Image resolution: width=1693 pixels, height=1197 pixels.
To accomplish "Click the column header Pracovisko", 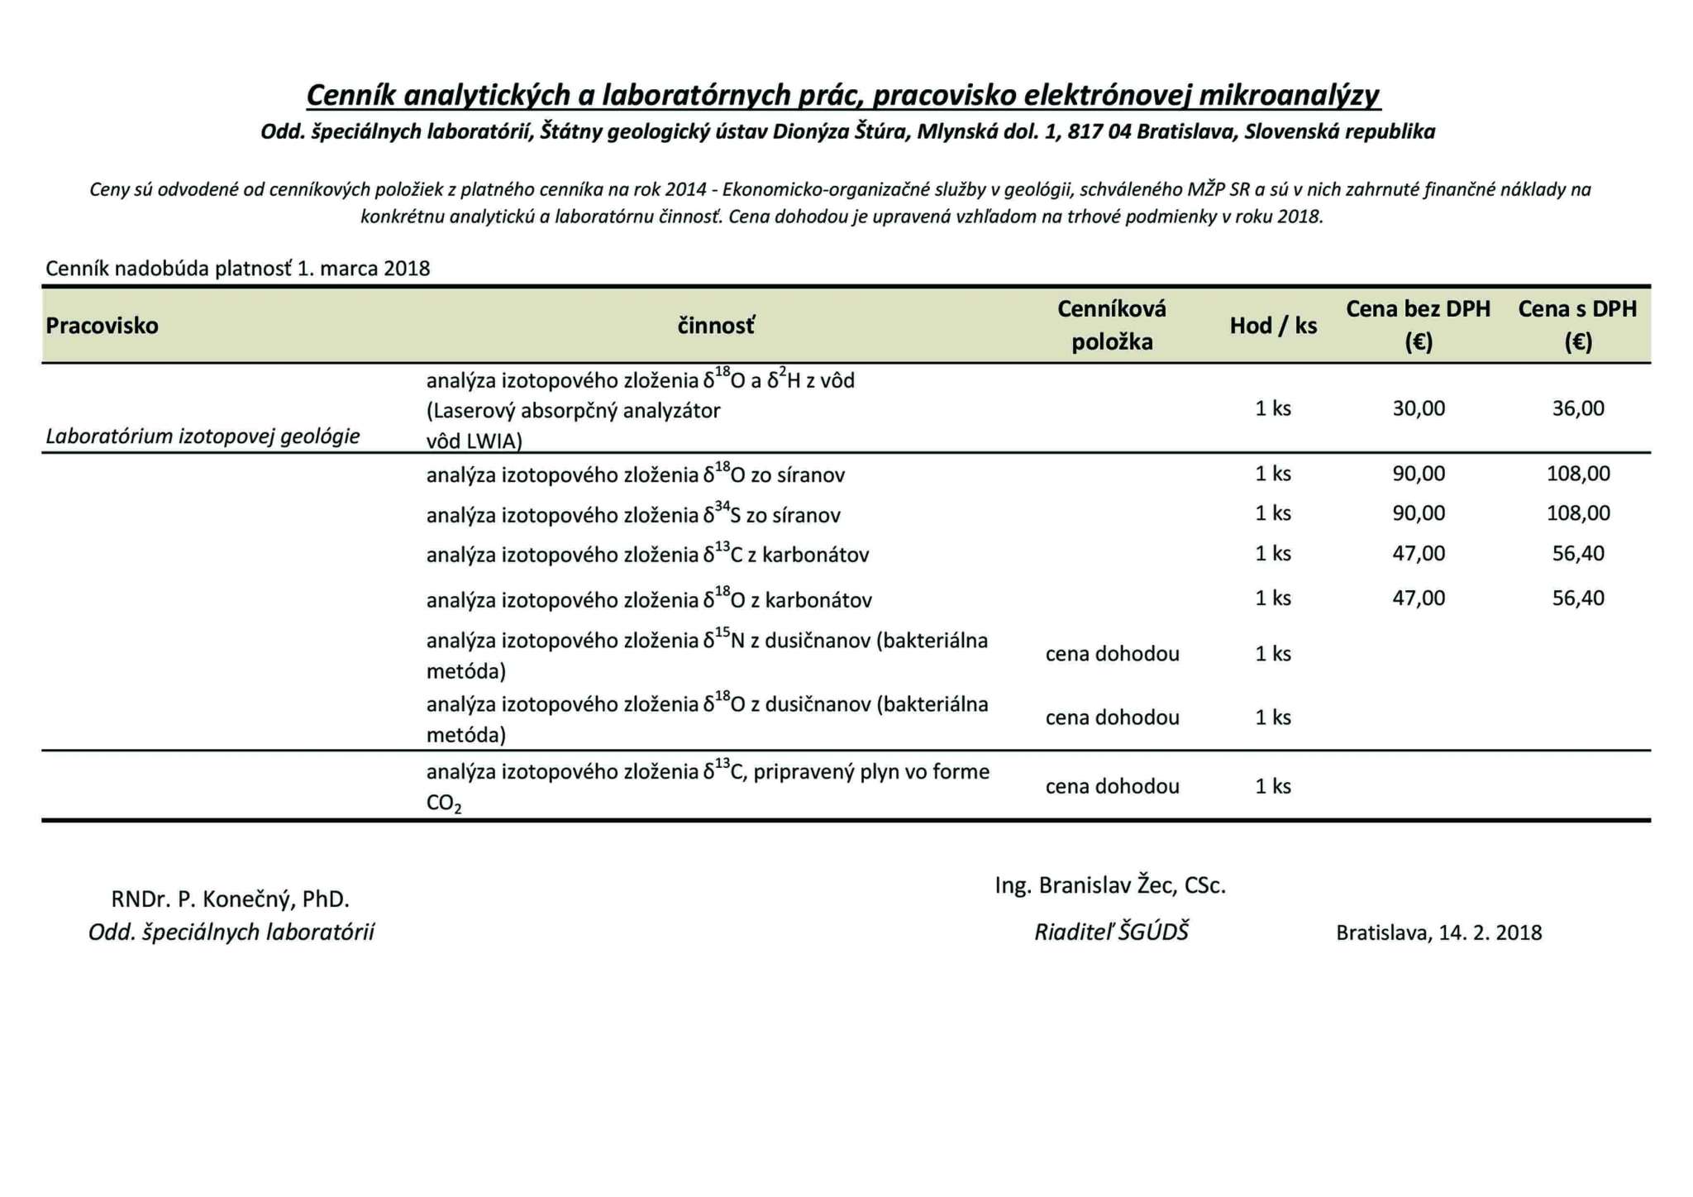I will click(x=102, y=326).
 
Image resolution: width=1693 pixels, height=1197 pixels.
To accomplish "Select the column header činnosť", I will click(x=716, y=326).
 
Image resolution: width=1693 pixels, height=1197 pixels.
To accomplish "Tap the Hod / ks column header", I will click(x=1273, y=326).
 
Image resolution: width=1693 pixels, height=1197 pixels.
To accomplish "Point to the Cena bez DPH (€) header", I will click(x=1418, y=325).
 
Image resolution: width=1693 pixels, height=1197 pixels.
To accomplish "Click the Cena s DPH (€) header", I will click(x=1577, y=325).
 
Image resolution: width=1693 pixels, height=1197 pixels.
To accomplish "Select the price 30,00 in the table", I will click(x=1419, y=408).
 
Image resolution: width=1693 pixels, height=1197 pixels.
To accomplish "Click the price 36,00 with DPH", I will click(x=1578, y=408).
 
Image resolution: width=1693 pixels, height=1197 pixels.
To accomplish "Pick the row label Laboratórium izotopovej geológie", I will click(x=203, y=436).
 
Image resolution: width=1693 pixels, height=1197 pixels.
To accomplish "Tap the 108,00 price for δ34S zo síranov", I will click(x=1578, y=513).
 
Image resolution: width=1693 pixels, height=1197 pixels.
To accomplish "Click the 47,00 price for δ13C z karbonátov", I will click(x=1419, y=553).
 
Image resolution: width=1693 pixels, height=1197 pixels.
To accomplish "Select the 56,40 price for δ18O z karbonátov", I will click(x=1578, y=598).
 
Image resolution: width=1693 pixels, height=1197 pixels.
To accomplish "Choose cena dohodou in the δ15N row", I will click(x=1112, y=654).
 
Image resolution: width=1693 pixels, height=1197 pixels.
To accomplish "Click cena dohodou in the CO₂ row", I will click(x=1112, y=786).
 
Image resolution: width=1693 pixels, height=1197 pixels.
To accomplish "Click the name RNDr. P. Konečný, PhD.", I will click(x=231, y=899).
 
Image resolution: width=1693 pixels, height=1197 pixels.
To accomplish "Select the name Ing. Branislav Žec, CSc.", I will click(x=1110, y=885).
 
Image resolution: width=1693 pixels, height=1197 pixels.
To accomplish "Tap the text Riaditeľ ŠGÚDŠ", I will click(x=1111, y=932).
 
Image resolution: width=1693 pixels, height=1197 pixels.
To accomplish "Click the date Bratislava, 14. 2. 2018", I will click(x=1438, y=933).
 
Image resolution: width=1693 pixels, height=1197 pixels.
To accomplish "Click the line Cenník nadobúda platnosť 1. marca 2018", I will click(x=238, y=269).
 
